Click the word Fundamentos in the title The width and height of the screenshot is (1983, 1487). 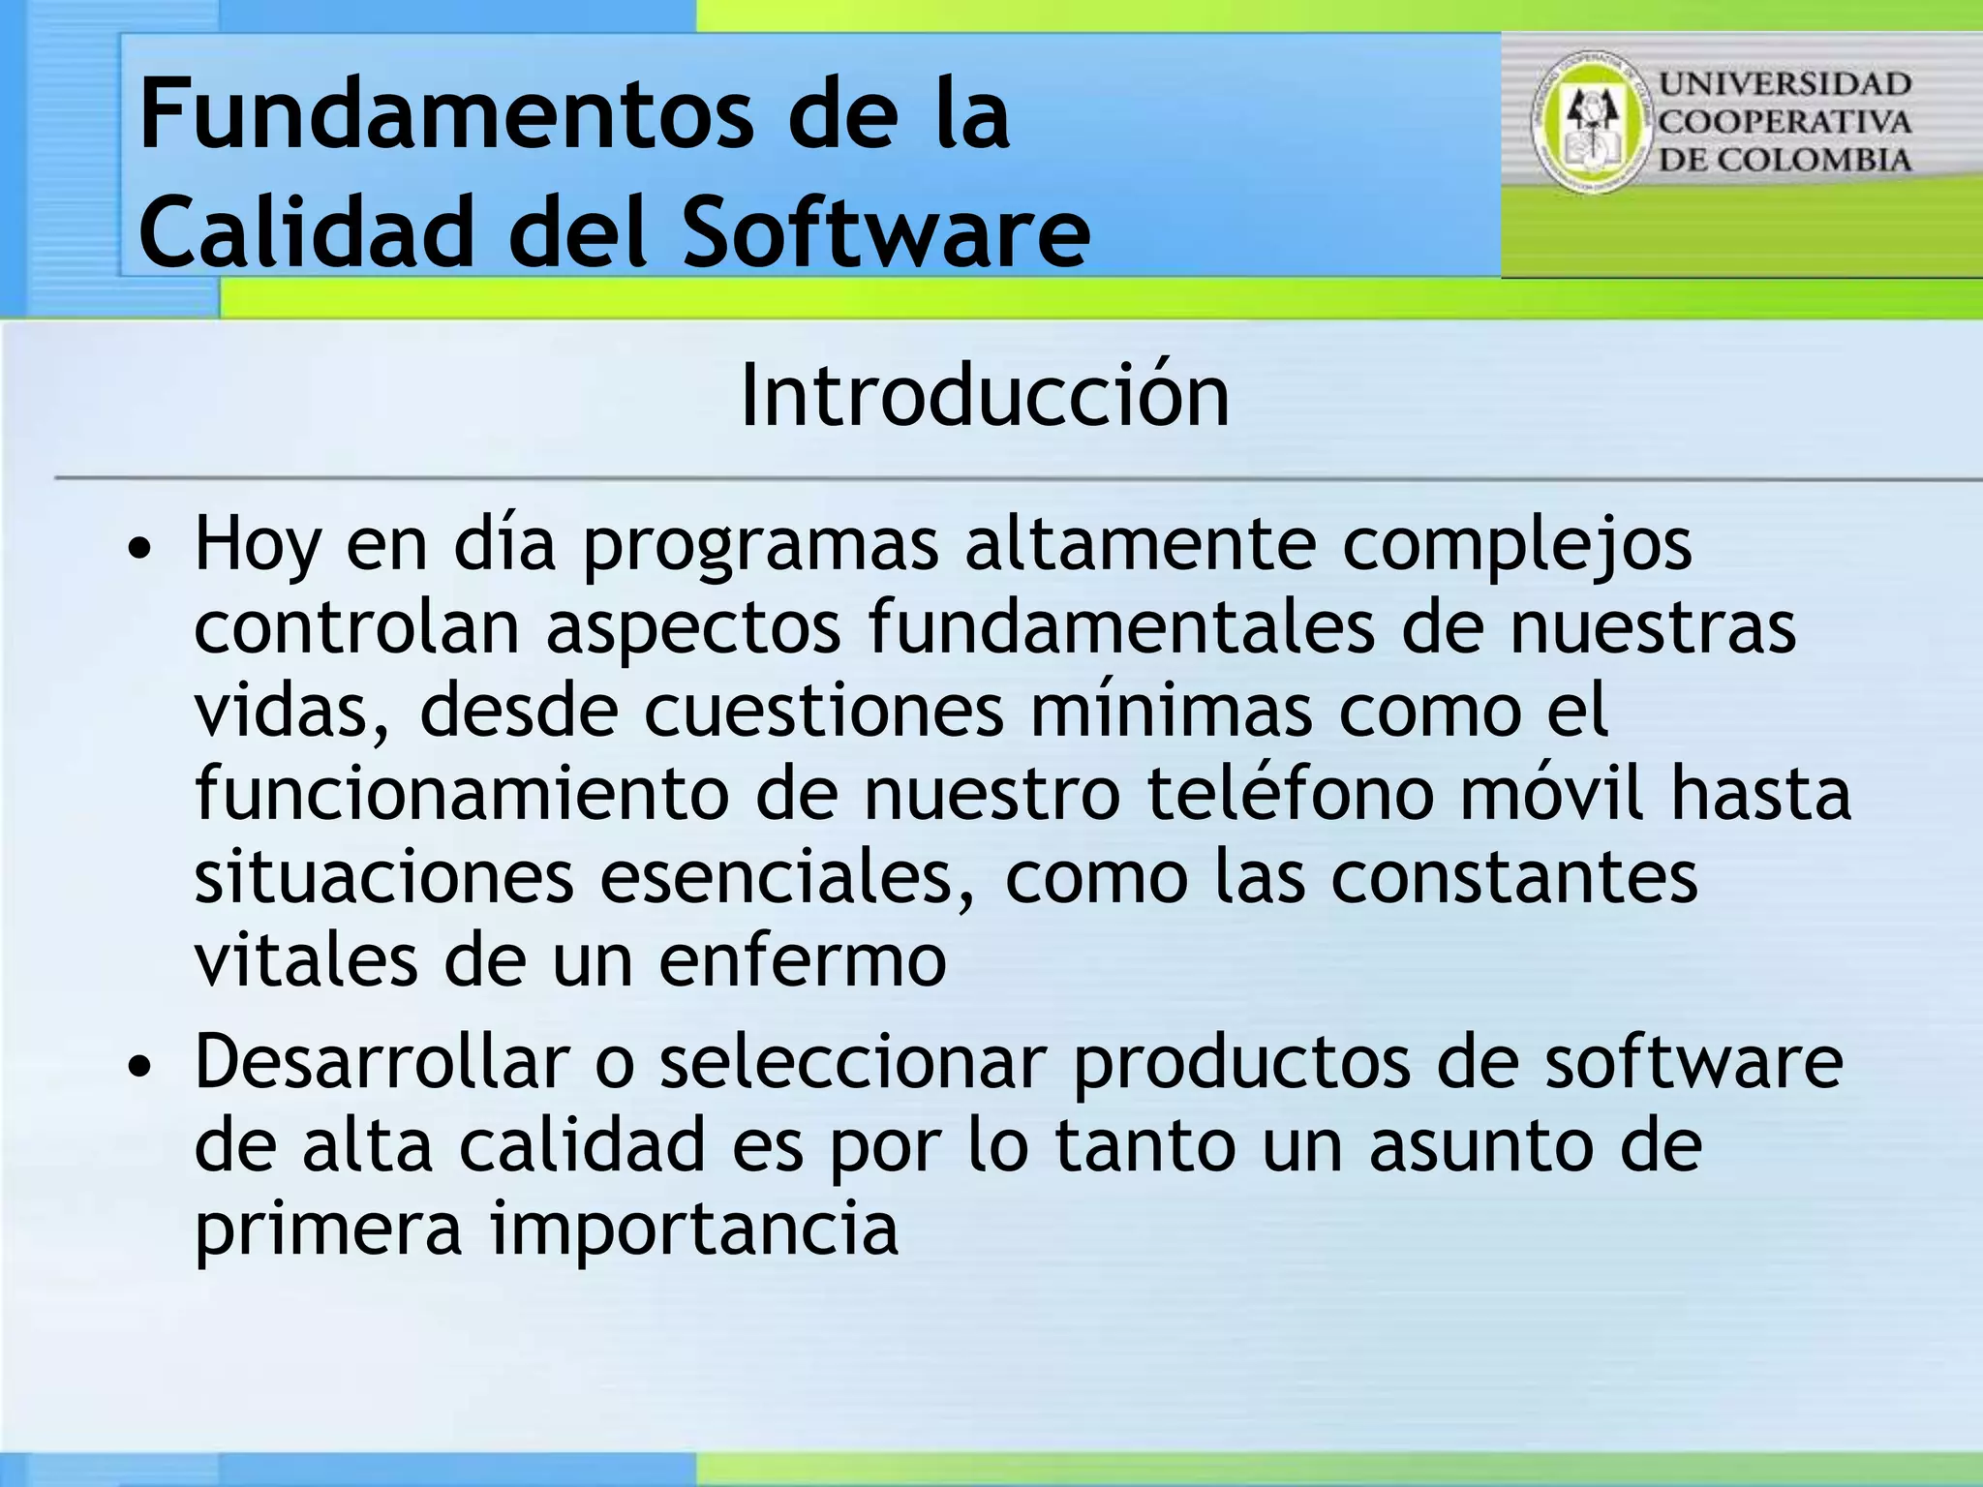(x=445, y=116)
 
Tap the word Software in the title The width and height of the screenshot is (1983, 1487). (x=886, y=232)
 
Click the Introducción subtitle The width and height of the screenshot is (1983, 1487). (x=984, y=396)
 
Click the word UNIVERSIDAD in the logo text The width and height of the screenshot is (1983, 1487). (x=1785, y=84)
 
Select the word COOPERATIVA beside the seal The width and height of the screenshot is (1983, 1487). (x=1785, y=122)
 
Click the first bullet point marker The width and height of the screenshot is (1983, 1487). (x=140, y=549)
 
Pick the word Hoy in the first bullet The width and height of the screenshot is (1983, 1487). (x=257, y=545)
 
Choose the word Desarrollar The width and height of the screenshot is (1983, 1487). (x=381, y=1062)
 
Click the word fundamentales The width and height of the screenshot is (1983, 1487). (x=1121, y=627)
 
